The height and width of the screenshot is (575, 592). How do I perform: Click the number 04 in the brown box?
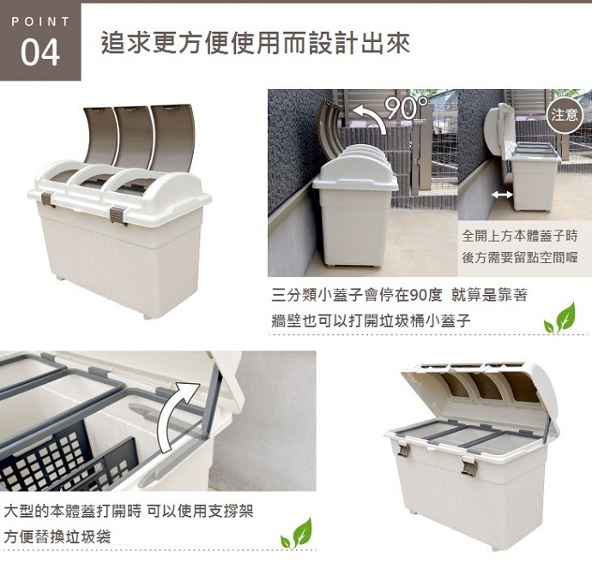pyautogui.click(x=40, y=52)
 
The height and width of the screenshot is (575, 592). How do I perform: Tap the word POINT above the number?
pyautogui.click(x=41, y=21)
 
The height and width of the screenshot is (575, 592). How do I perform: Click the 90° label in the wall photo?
pyautogui.click(x=406, y=107)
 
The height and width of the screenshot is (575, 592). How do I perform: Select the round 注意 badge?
pyautogui.click(x=565, y=115)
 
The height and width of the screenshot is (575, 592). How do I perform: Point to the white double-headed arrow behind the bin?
pyautogui.click(x=502, y=195)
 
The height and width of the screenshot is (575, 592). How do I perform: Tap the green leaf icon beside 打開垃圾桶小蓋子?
pyautogui.click(x=560, y=318)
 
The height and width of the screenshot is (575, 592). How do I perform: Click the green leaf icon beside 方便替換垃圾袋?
pyautogui.click(x=296, y=533)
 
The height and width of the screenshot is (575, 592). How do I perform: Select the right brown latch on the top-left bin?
pyautogui.click(x=118, y=216)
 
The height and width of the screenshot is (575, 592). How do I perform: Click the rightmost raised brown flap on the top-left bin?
pyautogui.click(x=173, y=136)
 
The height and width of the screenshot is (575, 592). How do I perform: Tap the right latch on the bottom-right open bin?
pyautogui.click(x=469, y=464)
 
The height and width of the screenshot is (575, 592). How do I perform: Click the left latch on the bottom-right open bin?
pyautogui.click(x=403, y=448)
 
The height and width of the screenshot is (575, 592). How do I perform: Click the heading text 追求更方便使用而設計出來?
pyautogui.click(x=256, y=44)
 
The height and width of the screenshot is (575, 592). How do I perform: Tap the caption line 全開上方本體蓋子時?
pyautogui.click(x=520, y=236)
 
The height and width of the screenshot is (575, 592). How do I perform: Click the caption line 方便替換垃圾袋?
pyautogui.click(x=57, y=536)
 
